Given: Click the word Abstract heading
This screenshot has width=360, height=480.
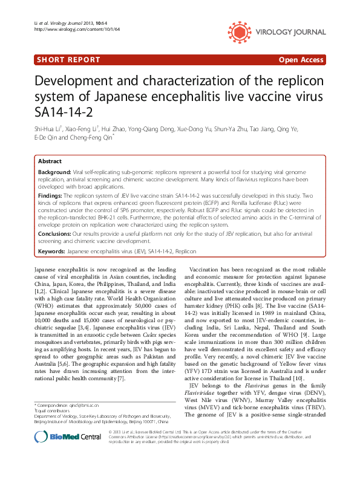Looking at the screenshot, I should [x=50, y=162].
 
